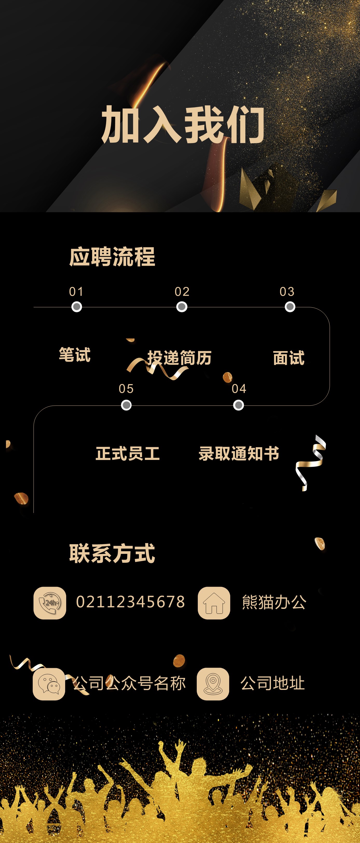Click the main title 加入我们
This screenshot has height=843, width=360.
(x=183, y=125)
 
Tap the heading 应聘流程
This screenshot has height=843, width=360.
(x=112, y=257)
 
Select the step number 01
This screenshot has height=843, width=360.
(x=76, y=291)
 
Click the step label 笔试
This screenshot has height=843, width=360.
(x=74, y=355)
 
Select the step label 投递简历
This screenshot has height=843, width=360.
(x=179, y=358)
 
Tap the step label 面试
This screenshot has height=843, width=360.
(x=289, y=358)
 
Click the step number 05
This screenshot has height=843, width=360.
(x=126, y=389)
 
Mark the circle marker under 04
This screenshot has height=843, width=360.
(x=238, y=405)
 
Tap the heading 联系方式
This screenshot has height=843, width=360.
(x=112, y=554)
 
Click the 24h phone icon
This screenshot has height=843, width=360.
(x=50, y=603)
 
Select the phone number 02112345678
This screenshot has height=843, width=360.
(x=130, y=602)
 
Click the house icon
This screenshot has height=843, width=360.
(x=214, y=603)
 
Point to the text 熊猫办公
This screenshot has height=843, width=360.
(x=274, y=602)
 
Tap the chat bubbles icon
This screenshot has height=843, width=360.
(x=49, y=684)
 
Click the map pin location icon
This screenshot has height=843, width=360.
(x=213, y=684)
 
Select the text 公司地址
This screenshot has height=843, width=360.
(x=272, y=683)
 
